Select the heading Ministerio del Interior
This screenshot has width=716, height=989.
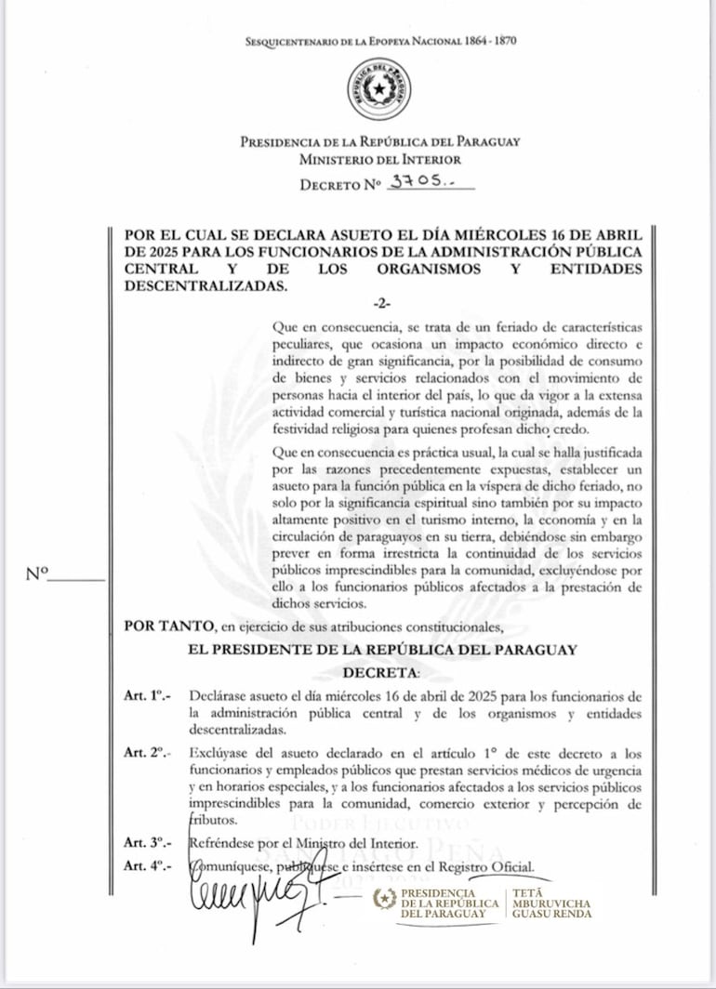380,160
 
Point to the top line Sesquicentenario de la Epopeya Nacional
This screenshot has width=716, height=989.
380,41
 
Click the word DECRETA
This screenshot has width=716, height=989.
381,672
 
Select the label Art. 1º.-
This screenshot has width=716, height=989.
147,696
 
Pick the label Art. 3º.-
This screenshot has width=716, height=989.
147,843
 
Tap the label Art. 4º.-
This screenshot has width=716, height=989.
147,867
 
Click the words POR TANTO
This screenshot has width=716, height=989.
156,626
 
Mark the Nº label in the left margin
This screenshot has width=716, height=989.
36,574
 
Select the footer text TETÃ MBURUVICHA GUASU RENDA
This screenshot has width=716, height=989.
552,902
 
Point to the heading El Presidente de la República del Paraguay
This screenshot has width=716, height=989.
382,649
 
